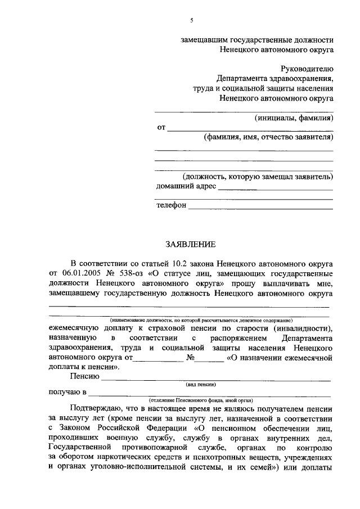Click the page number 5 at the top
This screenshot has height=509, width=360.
click(x=191, y=20)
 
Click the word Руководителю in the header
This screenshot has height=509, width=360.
click(x=307, y=69)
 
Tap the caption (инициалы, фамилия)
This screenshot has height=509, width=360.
click(x=294, y=118)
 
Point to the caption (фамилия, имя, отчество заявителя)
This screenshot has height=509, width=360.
click(x=268, y=138)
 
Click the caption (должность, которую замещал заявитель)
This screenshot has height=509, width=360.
click(x=254, y=177)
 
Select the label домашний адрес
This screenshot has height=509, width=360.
click(x=186, y=186)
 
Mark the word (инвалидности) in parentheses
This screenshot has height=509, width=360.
click(x=303, y=327)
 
